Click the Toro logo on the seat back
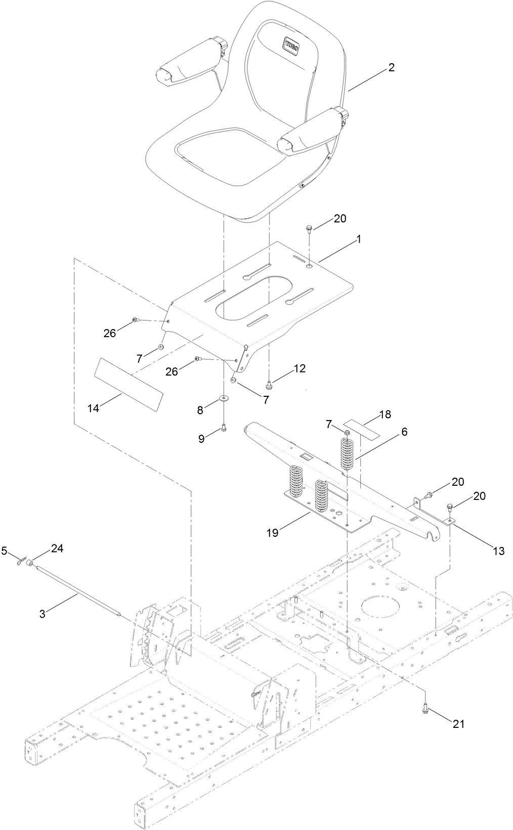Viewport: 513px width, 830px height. (290, 47)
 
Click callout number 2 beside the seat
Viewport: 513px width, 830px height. (391, 68)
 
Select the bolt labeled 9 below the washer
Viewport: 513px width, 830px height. (223, 429)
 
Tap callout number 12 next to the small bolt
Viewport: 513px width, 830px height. (299, 368)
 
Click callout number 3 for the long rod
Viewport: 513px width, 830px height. (42, 614)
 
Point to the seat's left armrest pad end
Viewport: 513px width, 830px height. (163, 75)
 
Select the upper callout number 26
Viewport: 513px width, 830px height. (109, 333)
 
